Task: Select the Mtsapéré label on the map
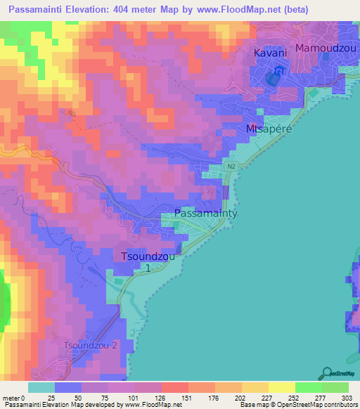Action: coord(268,130)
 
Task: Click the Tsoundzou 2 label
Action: coord(91,345)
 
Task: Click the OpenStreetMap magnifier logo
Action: coord(328,372)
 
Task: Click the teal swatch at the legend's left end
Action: coord(41,387)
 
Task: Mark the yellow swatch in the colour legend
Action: coord(281,387)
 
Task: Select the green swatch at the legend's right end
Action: coord(335,387)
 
